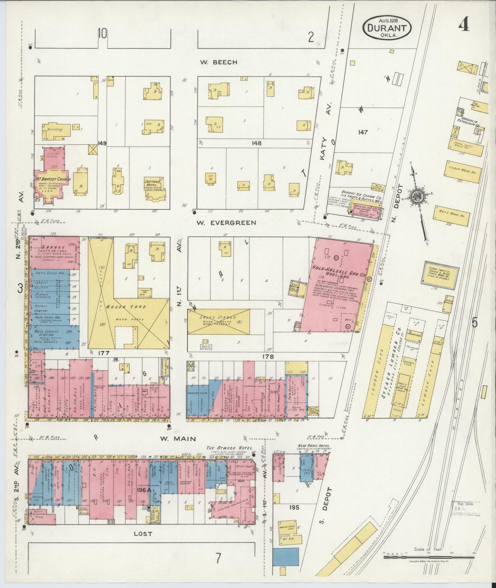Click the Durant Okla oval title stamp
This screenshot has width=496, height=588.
click(x=387, y=28)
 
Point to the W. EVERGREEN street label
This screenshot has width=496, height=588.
click(x=226, y=223)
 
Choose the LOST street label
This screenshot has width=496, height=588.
click(x=143, y=533)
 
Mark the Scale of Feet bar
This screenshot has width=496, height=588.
click(x=429, y=557)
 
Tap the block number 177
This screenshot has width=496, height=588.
click(x=103, y=353)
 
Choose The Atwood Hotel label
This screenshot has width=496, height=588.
click(x=229, y=448)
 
